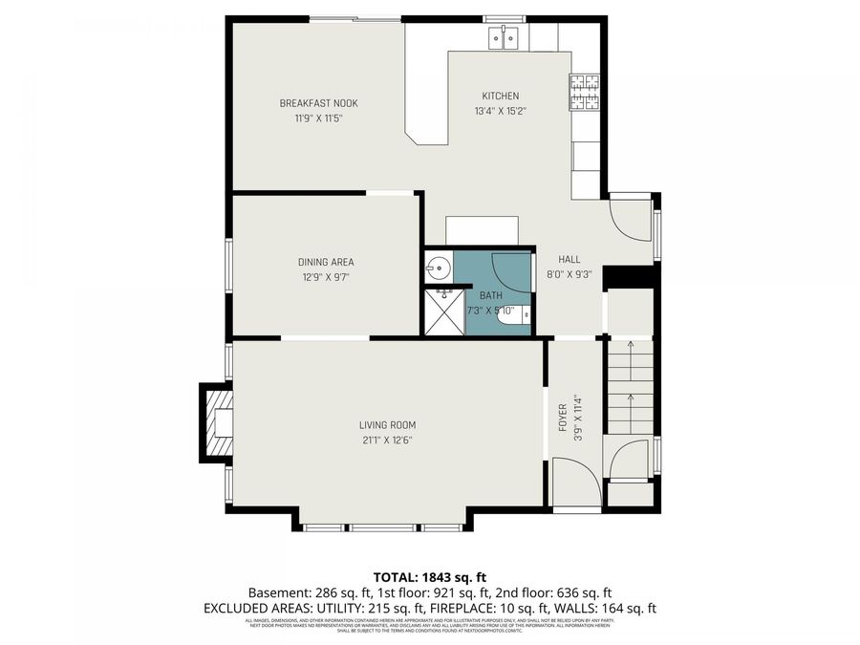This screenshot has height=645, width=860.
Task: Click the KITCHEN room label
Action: pyautogui.click(x=500, y=96)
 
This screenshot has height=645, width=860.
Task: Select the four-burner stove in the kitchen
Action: pyautogui.click(x=586, y=92)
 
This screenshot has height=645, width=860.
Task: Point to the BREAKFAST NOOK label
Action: pyautogui.click(x=318, y=103)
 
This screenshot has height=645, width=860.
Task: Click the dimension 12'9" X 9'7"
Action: pyautogui.click(x=326, y=278)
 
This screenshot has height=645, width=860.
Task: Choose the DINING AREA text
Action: pyautogui.click(x=326, y=262)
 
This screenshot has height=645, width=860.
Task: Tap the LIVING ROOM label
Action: pyautogui.click(x=387, y=425)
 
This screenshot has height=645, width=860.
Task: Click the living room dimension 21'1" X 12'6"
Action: pyautogui.click(x=387, y=441)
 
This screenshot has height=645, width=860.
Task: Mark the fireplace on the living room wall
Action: pyautogui.click(x=216, y=424)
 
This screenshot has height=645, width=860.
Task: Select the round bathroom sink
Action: pyautogui.click(x=439, y=267)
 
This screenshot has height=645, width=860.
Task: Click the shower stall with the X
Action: pyautogui.click(x=442, y=312)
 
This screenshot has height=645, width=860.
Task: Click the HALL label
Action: pyautogui.click(x=570, y=259)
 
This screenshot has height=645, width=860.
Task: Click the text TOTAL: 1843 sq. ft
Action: pyautogui.click(x=430, y=576)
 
